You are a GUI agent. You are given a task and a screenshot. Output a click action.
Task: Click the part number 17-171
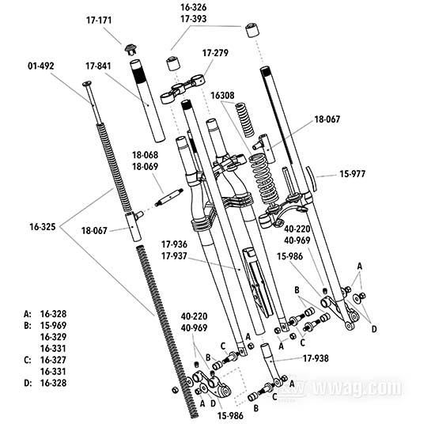99,21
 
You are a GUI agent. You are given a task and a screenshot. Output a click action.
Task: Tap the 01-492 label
41,66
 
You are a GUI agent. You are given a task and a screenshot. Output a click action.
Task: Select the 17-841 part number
98,66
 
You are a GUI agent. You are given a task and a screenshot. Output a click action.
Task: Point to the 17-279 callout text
215,53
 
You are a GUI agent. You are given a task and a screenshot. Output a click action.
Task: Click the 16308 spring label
222,95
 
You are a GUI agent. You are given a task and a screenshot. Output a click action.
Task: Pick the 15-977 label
353,174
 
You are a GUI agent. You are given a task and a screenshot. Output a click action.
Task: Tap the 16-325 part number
43,227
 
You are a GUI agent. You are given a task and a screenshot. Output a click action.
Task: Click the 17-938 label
316,358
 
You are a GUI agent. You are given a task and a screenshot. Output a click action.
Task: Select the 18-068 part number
145,155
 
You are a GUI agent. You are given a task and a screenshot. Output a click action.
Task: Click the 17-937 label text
174,255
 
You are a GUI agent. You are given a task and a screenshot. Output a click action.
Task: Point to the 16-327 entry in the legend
53,360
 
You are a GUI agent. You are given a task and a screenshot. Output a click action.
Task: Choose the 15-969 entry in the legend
53,325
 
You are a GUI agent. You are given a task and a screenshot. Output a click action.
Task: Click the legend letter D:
28,383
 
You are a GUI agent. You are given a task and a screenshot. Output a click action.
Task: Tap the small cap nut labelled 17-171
130,49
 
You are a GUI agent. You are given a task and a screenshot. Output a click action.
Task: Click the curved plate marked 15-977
312,179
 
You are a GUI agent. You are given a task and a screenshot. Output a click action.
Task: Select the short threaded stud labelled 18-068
168,197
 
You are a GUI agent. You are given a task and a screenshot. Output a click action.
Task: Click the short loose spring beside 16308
245,120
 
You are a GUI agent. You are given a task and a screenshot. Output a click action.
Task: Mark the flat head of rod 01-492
87,83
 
